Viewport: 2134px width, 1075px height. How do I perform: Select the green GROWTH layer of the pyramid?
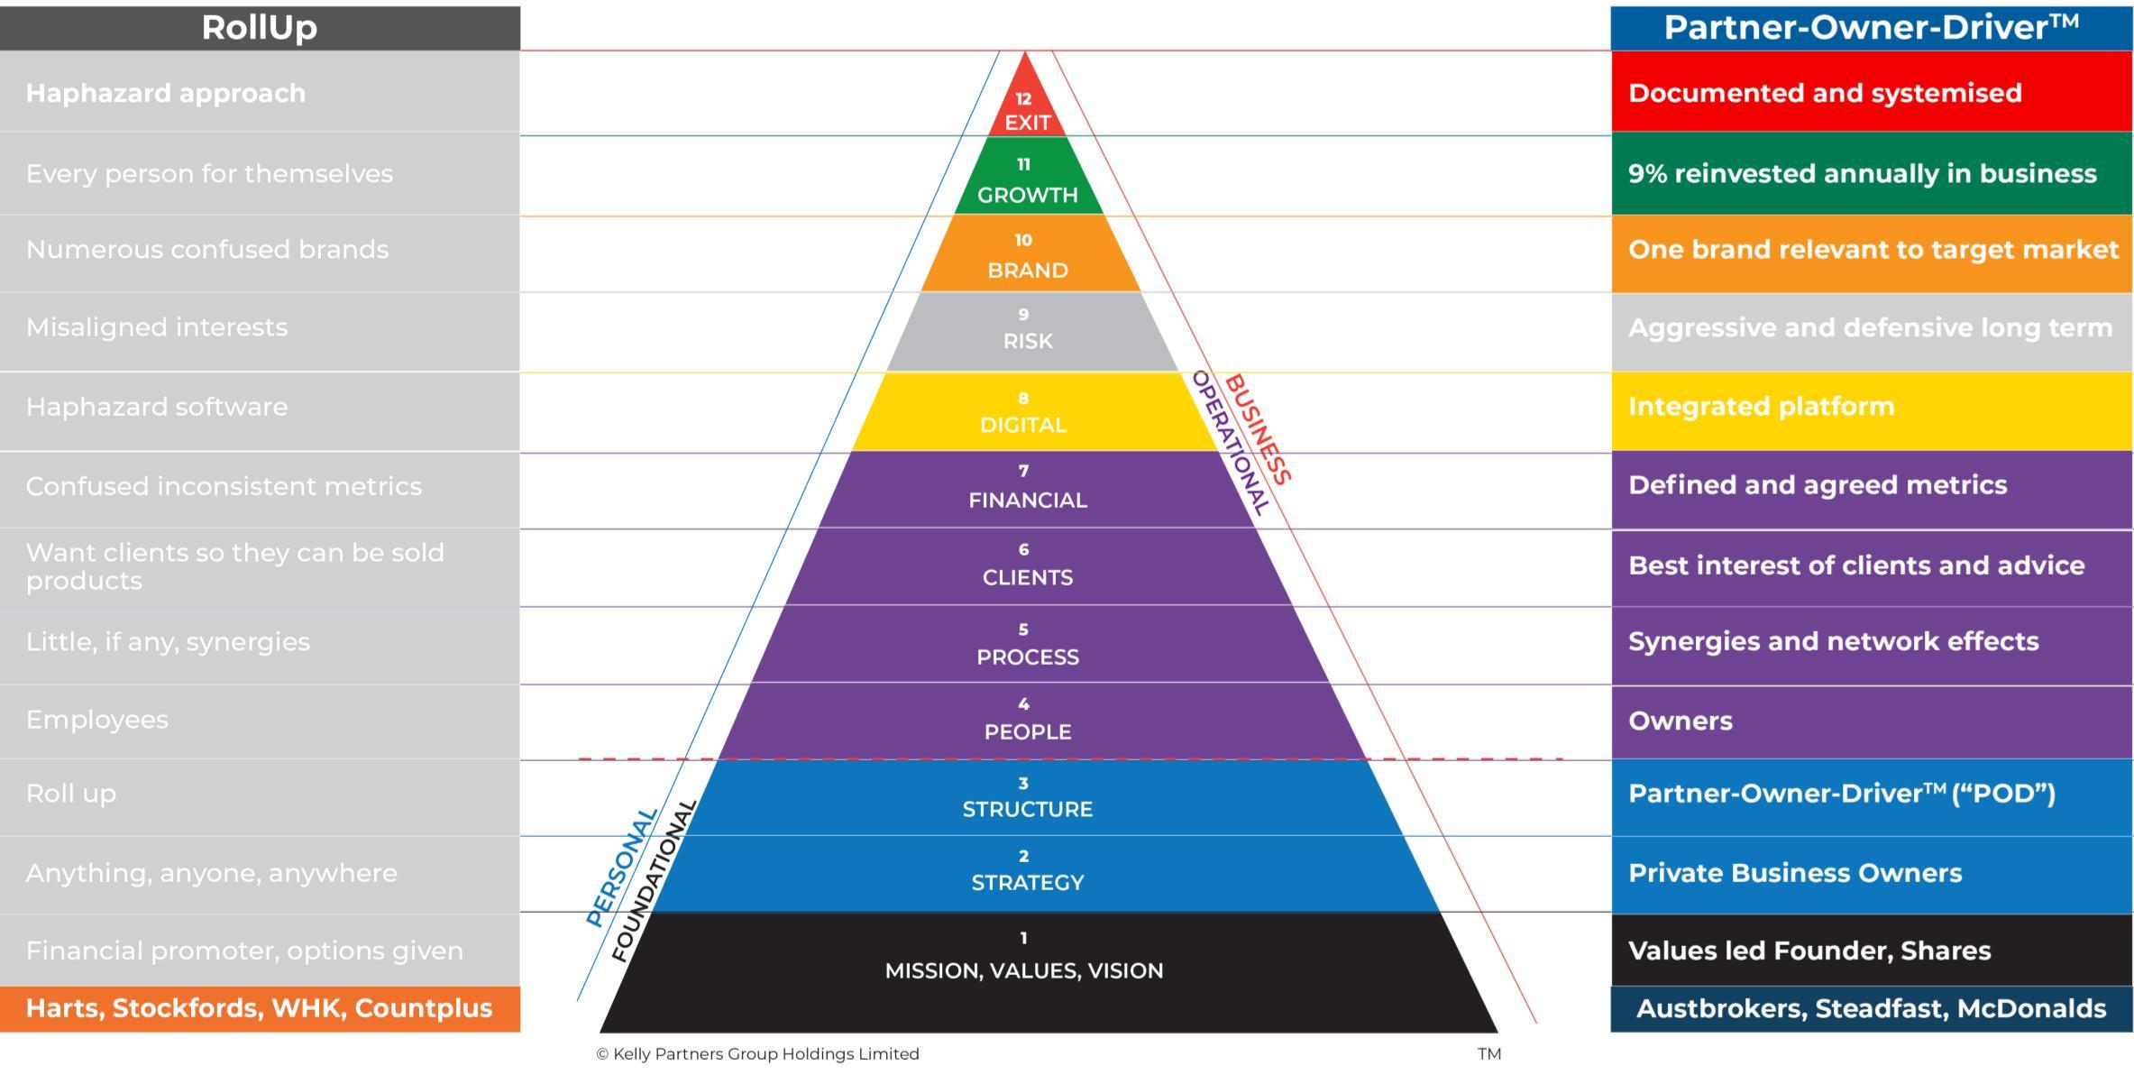coord(1027,180)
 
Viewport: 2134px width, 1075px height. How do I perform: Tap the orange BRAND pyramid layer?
coord(1027,256)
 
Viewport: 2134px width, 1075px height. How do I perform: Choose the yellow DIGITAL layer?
coord(1023,413)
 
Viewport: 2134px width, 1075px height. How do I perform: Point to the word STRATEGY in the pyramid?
coord(1027,882)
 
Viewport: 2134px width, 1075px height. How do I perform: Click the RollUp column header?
coord(260,27)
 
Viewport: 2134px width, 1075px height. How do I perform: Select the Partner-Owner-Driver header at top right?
coord(1871,27)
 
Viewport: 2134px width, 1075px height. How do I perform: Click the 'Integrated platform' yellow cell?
coord(1871,407)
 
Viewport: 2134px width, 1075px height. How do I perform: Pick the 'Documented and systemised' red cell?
coord(1871,93)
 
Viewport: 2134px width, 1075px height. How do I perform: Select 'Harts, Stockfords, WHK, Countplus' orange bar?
coord(260,1008)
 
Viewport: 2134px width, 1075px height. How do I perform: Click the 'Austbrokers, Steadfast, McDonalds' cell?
coord(1871,1008)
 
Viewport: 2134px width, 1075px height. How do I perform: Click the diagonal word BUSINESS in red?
coord(1259,429)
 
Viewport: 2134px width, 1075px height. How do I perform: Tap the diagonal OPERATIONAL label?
coord(1231,442)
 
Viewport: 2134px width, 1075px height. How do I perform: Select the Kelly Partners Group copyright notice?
coord(757,1053)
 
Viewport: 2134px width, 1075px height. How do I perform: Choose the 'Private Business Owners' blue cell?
coord(1871,873)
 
